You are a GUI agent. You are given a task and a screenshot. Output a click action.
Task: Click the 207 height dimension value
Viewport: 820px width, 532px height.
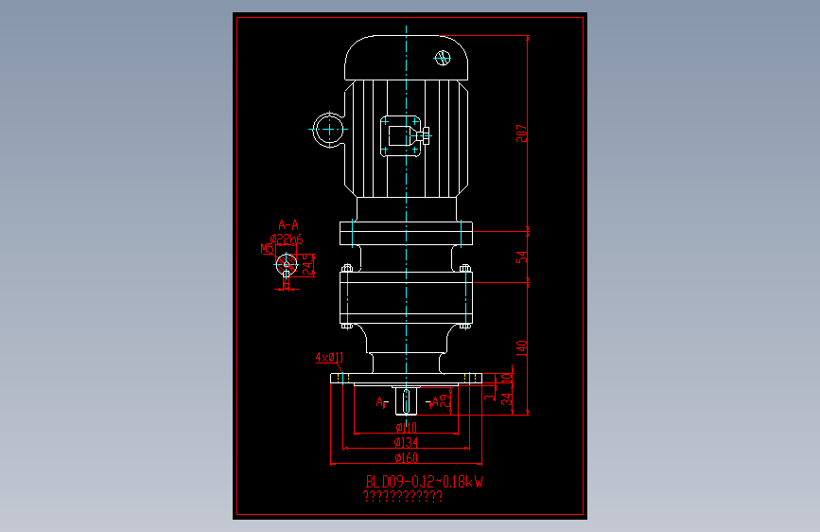(521, 133)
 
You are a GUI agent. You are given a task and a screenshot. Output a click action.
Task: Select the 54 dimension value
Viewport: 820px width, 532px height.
(521, 257)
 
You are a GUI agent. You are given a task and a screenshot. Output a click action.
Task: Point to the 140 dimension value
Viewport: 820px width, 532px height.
(521, 348)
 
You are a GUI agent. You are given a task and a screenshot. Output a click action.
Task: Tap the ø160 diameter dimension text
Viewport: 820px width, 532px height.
(406, 458)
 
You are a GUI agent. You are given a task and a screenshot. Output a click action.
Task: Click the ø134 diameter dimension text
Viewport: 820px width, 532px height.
(406, 443)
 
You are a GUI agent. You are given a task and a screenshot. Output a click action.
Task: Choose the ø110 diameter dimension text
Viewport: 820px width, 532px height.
(406, 428)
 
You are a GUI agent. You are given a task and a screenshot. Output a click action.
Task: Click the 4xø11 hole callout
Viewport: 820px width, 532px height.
(329, 357)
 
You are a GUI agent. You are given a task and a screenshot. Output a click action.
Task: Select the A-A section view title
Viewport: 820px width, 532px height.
(288, 224)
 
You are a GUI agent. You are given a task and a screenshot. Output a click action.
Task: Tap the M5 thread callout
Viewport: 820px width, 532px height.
(267, 249)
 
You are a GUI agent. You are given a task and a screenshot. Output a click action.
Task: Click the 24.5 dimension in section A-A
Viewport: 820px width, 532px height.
(307, 265)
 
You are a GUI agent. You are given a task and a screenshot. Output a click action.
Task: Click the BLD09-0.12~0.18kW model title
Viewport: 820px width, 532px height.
(425, 482)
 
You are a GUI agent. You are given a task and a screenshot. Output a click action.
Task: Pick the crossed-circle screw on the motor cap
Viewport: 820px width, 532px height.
(443, 58)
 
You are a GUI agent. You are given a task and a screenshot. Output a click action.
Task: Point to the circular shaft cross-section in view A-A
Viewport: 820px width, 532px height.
(288, 266)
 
